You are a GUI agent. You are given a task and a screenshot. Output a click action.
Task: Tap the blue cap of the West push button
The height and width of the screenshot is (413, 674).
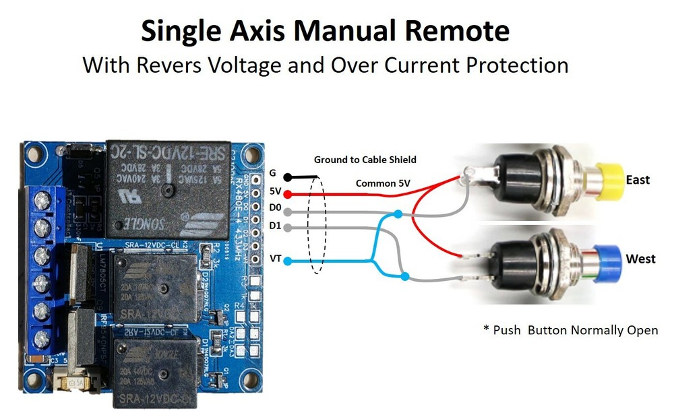pos(609,259)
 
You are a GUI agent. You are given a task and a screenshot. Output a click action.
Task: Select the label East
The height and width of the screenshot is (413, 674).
pos(638,180)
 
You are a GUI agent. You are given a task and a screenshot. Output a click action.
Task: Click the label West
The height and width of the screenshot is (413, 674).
pos(640,259)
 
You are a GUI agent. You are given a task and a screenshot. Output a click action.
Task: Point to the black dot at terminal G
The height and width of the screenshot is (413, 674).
pos(288,177)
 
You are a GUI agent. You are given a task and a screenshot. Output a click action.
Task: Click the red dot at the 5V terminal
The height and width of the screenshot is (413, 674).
pos(288,194)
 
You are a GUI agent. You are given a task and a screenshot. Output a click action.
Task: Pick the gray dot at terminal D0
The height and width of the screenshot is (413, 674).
pos(288,212)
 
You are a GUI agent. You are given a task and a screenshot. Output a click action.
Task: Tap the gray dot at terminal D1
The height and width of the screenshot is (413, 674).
pos(288,228)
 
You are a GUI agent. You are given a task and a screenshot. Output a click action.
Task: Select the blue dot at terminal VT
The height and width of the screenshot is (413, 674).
pos(288,261)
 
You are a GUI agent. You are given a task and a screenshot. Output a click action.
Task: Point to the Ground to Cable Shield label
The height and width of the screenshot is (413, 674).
pos(365,160)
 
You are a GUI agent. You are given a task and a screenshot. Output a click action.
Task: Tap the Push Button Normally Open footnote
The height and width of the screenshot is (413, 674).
pos(570,330)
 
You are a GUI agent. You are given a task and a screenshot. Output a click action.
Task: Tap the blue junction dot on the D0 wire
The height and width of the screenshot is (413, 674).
pos(398,214)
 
